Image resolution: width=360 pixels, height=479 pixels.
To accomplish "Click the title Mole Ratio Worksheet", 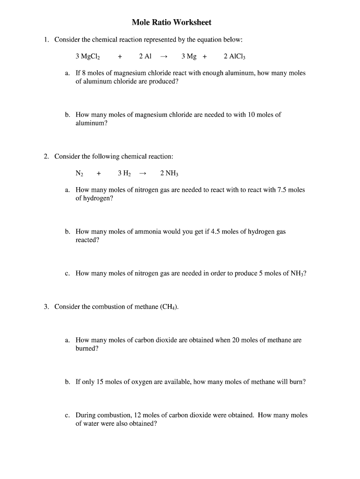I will [172, 22].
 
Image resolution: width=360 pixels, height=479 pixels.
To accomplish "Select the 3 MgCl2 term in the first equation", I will [88, 57].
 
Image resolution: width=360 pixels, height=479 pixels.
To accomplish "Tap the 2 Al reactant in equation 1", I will [145, 57].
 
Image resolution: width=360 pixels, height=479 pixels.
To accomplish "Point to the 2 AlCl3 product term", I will [234, 57].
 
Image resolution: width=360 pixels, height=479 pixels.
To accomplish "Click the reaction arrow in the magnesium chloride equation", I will [163, 57].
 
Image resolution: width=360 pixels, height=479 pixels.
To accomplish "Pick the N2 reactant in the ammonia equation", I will [79, 174].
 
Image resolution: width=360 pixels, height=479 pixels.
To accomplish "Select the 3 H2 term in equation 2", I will [124, 174].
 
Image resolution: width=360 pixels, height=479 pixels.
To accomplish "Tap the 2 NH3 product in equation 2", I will [169, 174].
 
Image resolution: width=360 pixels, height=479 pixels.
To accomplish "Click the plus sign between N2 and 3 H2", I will [99, 174].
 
